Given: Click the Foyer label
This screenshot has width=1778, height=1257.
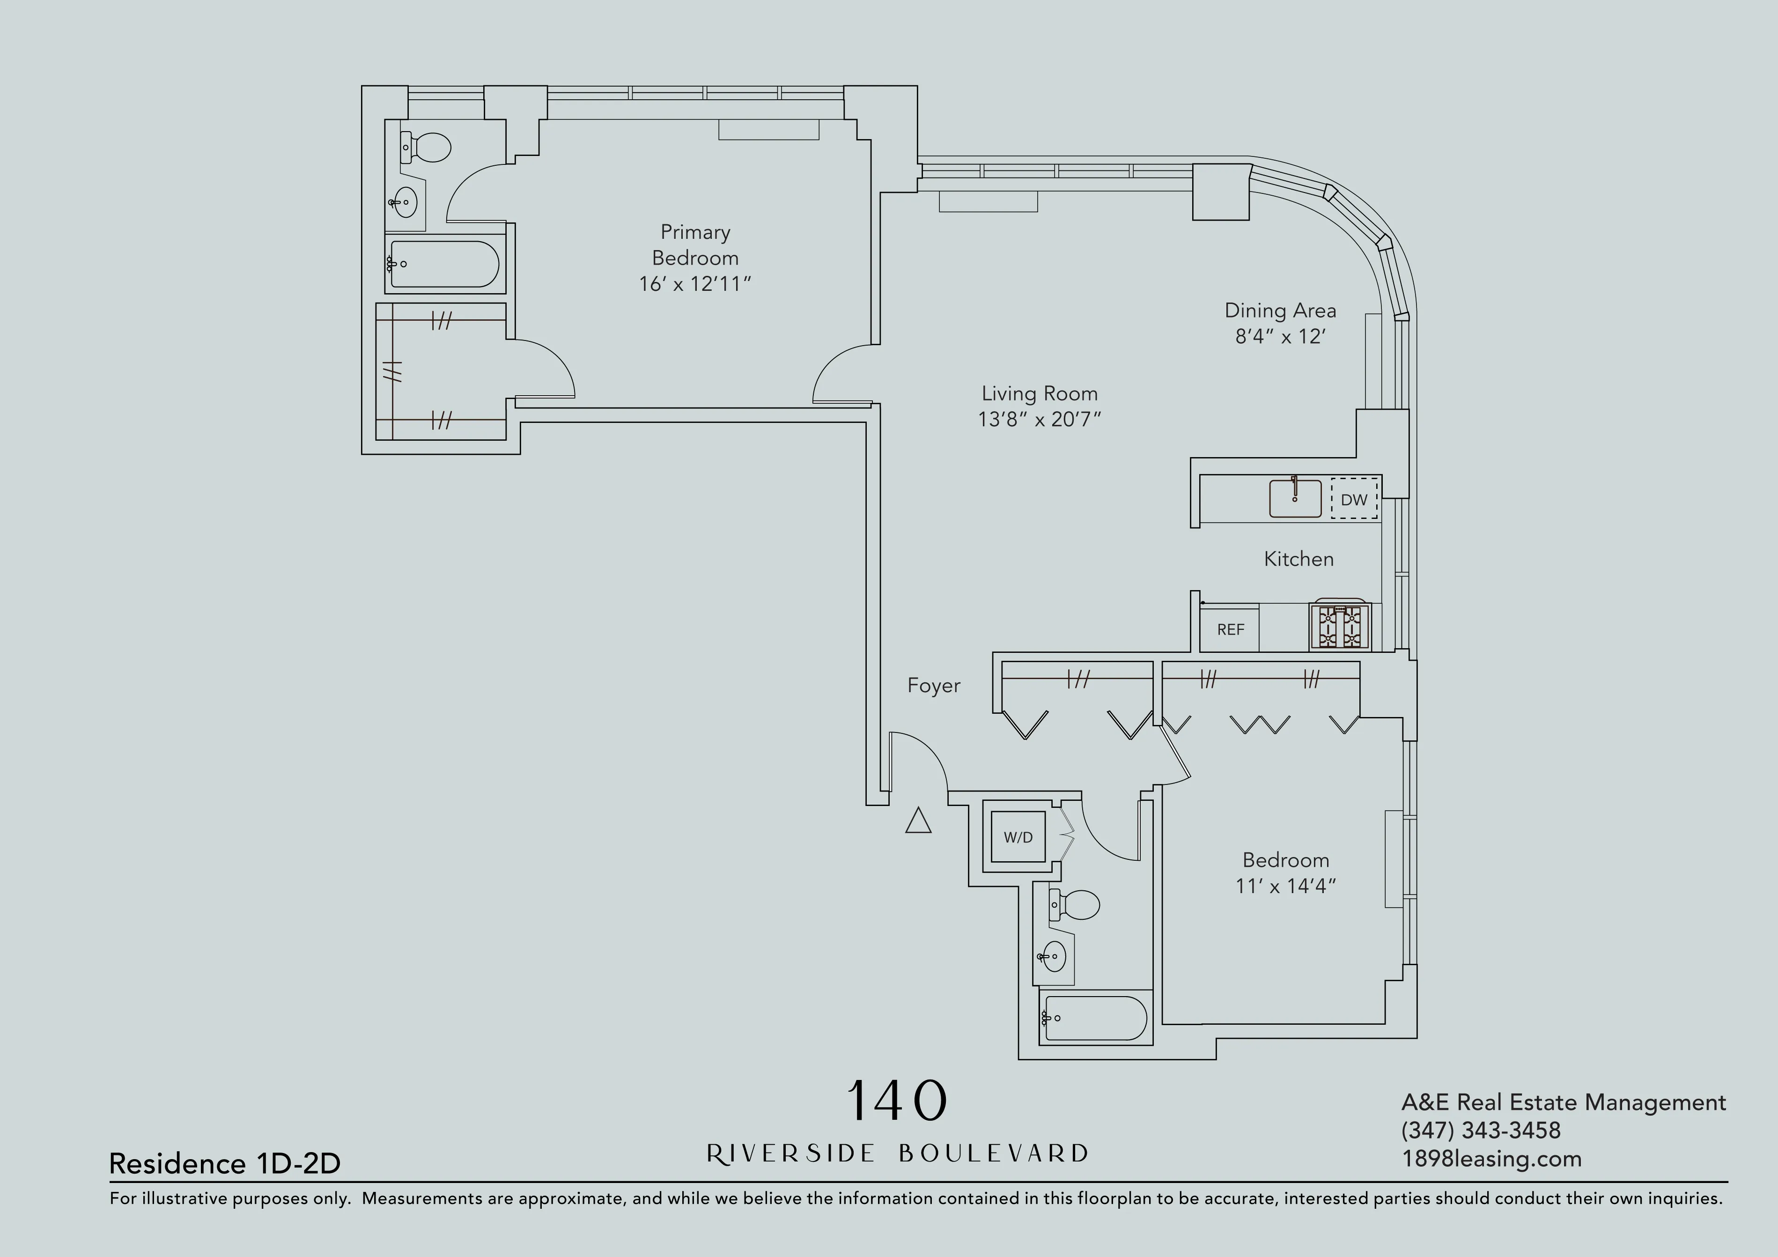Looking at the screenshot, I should tap(933, 686).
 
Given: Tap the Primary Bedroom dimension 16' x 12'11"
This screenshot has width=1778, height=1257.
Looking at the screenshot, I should tap(694, 284).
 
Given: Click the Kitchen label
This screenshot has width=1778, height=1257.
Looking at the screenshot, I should tap(1298, 559).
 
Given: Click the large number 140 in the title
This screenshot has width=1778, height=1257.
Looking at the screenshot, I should tap(897, 1101).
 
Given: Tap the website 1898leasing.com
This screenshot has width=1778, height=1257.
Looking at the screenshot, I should tap(1490, 1160).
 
